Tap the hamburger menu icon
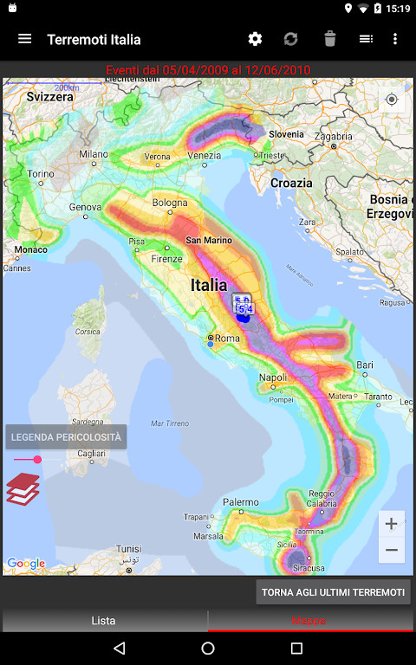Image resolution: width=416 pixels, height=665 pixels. pyautogui.click(x=25, y=39)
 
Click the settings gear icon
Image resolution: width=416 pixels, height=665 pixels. pyautogui.click(x=255, y=39)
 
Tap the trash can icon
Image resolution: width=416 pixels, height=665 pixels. pyautogui.click(x=329, y=39)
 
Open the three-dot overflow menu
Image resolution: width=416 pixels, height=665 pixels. pyautogui.click(x=395, y=39)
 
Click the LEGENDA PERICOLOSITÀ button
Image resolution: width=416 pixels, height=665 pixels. pyautogui.click(x=66, y=437)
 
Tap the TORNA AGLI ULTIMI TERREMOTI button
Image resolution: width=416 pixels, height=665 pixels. pyautogui.click(x=334, y=592)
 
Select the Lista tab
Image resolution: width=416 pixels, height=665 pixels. pyautogui.click(x=104, y=620)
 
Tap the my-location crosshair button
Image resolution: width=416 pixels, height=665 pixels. pyautogui.click(x=392, y=100)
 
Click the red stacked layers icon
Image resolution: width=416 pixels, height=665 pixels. pyautogui.click(x=23, y=489)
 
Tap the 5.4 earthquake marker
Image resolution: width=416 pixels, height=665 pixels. pyautogui.click(x=244, y=309)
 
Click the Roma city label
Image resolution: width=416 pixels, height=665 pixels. pyautogui.click(x=227, y=339)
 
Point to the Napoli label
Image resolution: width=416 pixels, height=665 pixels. pyautogui.click(x=273, y=378)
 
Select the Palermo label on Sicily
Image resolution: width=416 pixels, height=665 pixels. pyautogui.click(x=241, y=502)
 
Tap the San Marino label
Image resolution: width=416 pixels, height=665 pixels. pyautogui.click(x=207, y=240)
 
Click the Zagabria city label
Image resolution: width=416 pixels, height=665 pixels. pyautogui.click(x=333, y=136)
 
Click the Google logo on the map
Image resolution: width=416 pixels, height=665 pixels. pyautogui.click(x=26, y=564)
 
